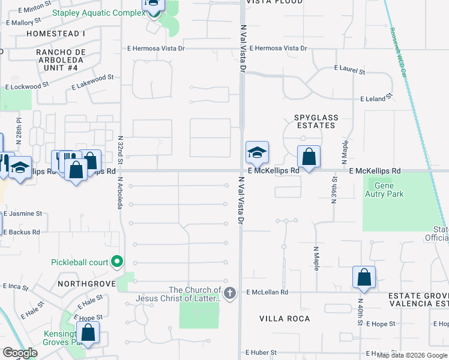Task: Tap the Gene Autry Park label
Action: pyautogui.click(x=384, y=190)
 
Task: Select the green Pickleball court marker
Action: pyautogui.click(x=117, y=262)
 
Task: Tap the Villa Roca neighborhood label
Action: pyautogui.click(x=285, y=319)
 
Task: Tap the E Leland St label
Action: pyautogui.click(x=376, y=97)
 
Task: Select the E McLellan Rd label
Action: pyautogui.click(x=267, y=292)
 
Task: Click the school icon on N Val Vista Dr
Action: pyautogui.click(x=257, y=154)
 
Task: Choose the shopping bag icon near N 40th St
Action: pyautogui.click(x=364, y=277)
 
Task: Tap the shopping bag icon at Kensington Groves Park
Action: pyautogui.click(x=88, y=334)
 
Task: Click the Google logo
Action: pyautogui.click(x=20, y=353)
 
